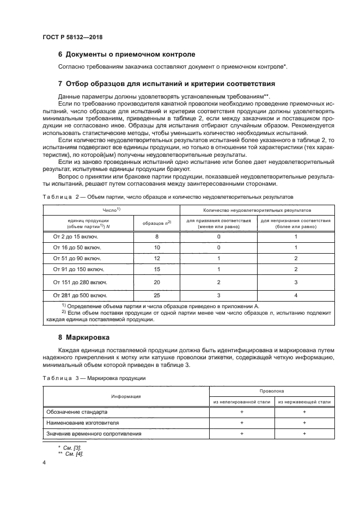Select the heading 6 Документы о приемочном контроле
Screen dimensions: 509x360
126,54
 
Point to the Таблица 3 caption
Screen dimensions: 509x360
94,378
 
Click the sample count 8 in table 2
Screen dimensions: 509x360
157,237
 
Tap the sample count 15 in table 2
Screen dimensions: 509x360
157,269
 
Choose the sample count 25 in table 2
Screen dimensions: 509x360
157,295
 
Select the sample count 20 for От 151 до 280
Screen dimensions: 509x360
157,282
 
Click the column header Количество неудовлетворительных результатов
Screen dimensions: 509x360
258,210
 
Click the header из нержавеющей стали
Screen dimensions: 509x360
304,402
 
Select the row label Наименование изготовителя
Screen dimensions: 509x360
86,422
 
